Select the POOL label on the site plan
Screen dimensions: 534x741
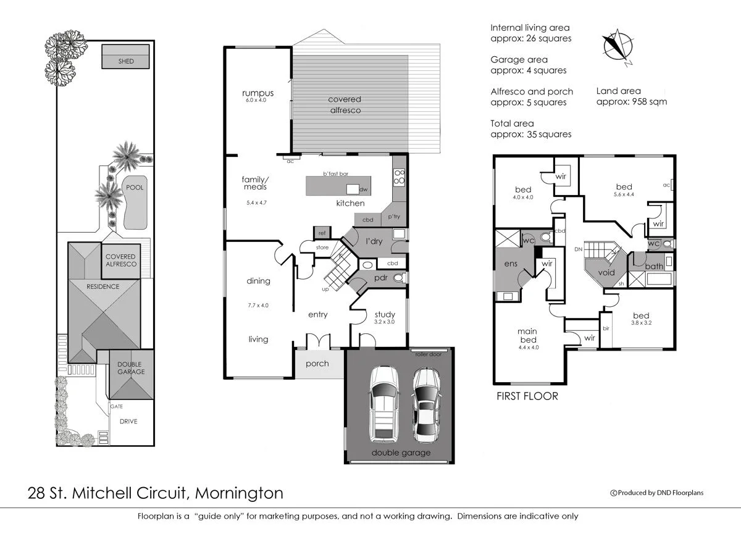click(135, 187)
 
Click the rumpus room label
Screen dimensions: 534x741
click(257, 94)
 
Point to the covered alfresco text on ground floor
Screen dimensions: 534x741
click(345, 104)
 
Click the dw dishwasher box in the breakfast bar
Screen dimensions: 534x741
click(353, 189)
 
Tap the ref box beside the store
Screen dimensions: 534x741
click(322, 233)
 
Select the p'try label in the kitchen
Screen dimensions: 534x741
click(394, 217)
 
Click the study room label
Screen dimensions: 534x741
click(384, 314)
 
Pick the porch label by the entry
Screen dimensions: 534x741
click(317, 363)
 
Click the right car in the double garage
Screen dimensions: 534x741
click(425, 404)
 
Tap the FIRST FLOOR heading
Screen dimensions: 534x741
click(527, 396)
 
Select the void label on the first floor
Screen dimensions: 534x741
click(606, 272)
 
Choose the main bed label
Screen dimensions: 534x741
click(527, 335)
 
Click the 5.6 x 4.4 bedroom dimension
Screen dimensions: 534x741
click(624, 194)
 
